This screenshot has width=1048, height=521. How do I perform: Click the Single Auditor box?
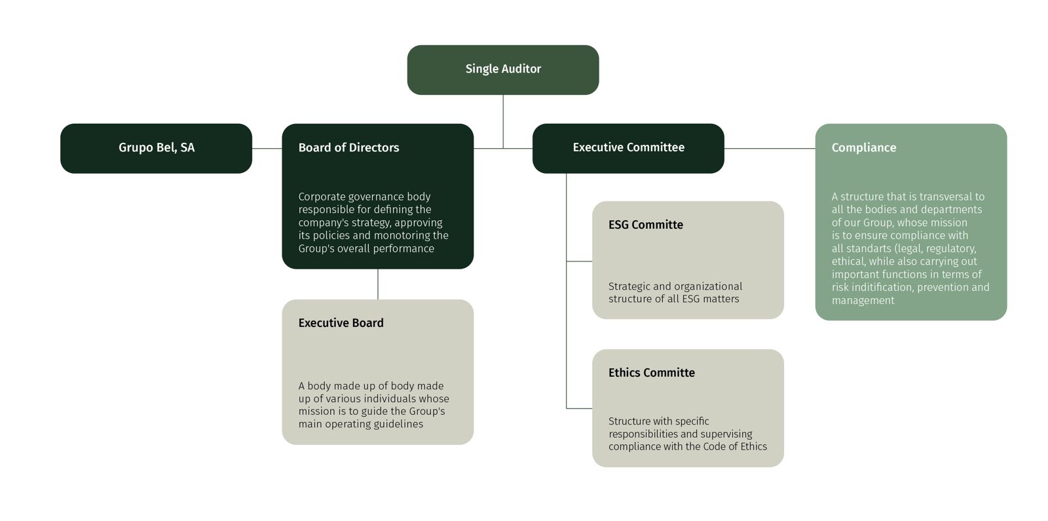tap(502, 69)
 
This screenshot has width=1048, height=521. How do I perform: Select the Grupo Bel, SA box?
tap(156, 148)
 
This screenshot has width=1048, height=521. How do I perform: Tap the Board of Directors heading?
tap(348, 148)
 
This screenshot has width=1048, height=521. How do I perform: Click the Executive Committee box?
tap(627, 148)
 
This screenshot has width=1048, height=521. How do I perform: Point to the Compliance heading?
tap(863, 148)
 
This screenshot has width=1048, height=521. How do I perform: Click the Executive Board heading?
tap(341, 323)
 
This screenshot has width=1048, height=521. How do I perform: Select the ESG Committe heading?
tap(645, 225)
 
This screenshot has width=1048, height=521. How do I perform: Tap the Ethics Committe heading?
tap(651, 373)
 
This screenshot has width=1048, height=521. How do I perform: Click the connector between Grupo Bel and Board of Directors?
tap(267, 149)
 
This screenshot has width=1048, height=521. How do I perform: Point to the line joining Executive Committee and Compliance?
tap(769, 149)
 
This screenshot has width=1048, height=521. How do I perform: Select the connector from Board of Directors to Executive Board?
tap(378, 284)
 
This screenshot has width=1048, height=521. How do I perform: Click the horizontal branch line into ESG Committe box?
tap(579, 261)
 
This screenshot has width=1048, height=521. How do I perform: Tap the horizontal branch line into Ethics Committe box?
tap(579, 408)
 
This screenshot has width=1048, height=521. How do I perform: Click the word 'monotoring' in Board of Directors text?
tap(402, 235)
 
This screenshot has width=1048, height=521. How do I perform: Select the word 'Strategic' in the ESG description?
tap(629, 286)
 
